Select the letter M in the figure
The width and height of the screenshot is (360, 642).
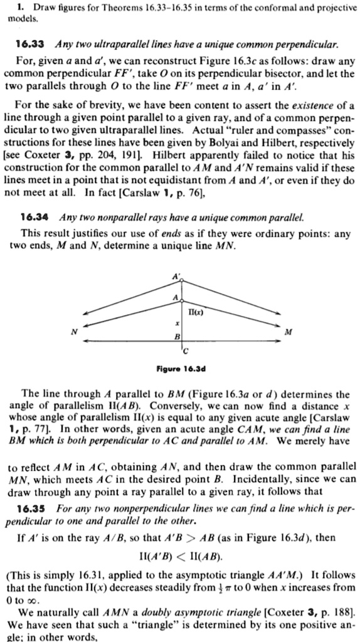[287, 334]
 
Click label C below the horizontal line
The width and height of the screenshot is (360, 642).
[185, 349]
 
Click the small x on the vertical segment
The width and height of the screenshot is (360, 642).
[177, 322]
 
